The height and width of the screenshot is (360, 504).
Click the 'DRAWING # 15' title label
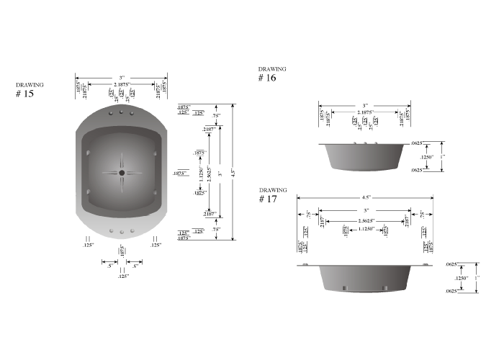click(29, 89)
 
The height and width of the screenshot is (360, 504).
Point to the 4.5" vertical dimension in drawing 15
click(233, 173)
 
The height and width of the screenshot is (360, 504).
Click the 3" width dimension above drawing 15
click(122, 77)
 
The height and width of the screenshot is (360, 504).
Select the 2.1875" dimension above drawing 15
click(122, 85)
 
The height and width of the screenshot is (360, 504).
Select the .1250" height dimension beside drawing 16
click(427, 157)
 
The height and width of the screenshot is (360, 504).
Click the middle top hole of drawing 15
click(122, 113)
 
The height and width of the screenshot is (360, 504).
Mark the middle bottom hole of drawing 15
click(122, 231)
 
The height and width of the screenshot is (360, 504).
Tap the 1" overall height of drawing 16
click(443, 157)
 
